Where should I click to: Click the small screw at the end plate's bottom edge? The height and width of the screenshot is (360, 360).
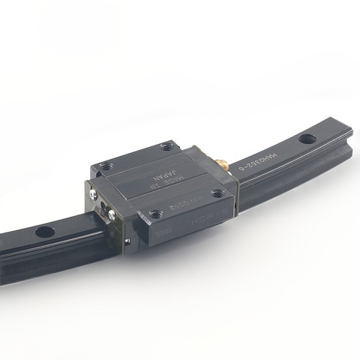tap(127, 241)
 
